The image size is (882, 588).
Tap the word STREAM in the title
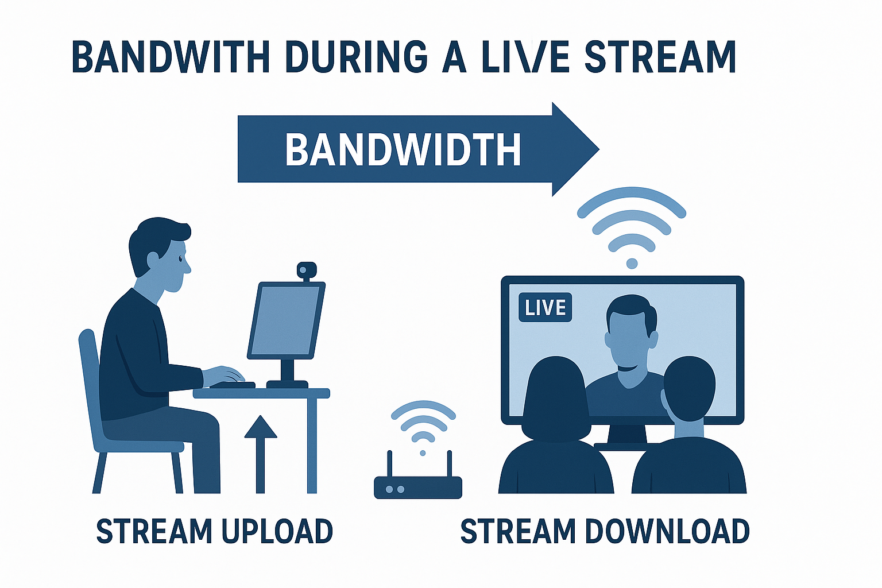pyautogui.click(x=660, y=56)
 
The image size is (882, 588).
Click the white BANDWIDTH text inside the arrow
pyautogui.click(x=403, y=150)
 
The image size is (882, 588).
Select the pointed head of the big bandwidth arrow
pyautogui.click(x=576, y=149)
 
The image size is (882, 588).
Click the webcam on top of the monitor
pyautogui.click(x=307, y=271)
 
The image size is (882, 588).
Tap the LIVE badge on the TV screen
pyautogui.click(x=546, y=307)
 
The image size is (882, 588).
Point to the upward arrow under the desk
pyautogui.click(x=260, y=454)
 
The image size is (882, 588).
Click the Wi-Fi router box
pyautogui.click(x=418, y=488)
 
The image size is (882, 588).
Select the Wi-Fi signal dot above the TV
pyautogui.click(x=632, y=264)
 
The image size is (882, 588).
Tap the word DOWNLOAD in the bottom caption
pyautogui.click(x=667, y=532)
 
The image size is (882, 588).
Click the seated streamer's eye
pyautogui.click(x=180, y=259)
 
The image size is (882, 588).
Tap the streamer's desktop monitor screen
pyautogui.click(x=287, y=320)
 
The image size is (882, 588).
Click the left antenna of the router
pyautogui.click(x=390, y=464)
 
